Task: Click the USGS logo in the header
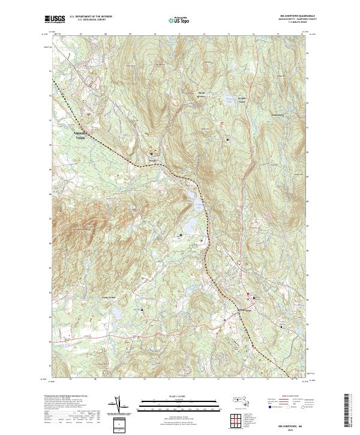(x=55, y=19)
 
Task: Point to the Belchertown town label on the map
(x=242, y=309)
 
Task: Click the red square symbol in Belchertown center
(x=250, y=293)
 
